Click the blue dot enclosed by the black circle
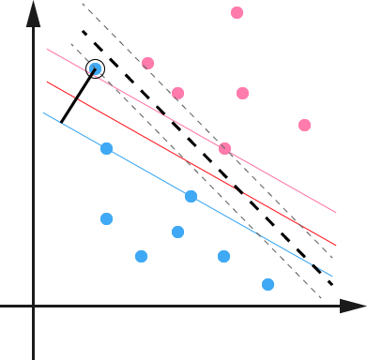point(95,68)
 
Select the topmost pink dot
point(237,13)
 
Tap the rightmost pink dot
point(304,125)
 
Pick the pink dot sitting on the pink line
point(225,148)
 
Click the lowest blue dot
point(268,284)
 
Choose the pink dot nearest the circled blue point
point(147,64)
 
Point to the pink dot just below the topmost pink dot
point(242,93)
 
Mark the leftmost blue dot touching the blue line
point(106,148)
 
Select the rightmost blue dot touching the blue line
point(191,196)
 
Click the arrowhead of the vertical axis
point(34,11)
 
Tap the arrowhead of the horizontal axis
point(354,306)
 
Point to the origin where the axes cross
point(34,306)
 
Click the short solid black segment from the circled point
point(78,96)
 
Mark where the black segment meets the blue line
point(61,122)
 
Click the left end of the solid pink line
point(46,49)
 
